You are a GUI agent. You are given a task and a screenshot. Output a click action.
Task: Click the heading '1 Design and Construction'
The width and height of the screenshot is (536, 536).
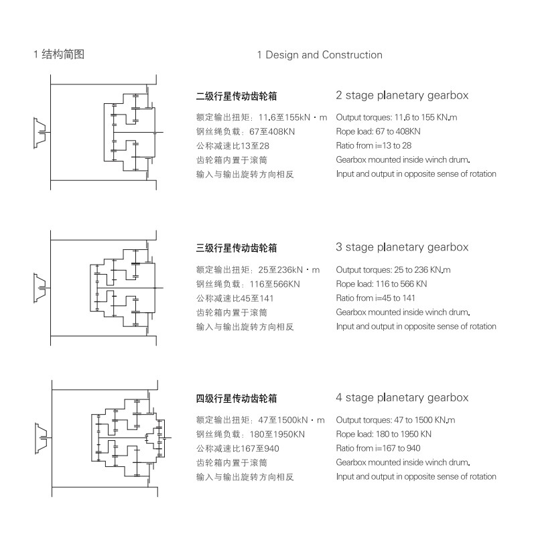tap(320, 55)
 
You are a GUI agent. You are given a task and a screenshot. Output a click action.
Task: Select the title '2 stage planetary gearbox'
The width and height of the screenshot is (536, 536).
tap(402, 96)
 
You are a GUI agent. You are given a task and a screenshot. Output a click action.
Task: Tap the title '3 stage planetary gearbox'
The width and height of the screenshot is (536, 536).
tap(402, 247)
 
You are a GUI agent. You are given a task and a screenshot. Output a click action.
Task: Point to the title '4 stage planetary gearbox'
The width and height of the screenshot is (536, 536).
tap(402, 398)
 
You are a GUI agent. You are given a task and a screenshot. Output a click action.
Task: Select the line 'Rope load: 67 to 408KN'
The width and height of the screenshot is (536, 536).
tap(379, 131)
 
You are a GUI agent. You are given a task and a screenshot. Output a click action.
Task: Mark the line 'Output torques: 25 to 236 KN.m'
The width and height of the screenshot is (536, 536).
tap(393, 270)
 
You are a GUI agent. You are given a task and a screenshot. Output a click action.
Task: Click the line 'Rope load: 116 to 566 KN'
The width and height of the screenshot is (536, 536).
tap(382, 284)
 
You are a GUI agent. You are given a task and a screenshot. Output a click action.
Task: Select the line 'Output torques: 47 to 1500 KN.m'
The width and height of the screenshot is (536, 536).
tap(395, 420)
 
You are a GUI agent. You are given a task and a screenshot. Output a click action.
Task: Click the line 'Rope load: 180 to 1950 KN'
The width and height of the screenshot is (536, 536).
tap(384, 434)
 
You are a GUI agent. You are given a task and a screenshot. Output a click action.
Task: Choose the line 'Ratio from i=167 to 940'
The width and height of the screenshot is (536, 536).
tap(379, 448)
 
